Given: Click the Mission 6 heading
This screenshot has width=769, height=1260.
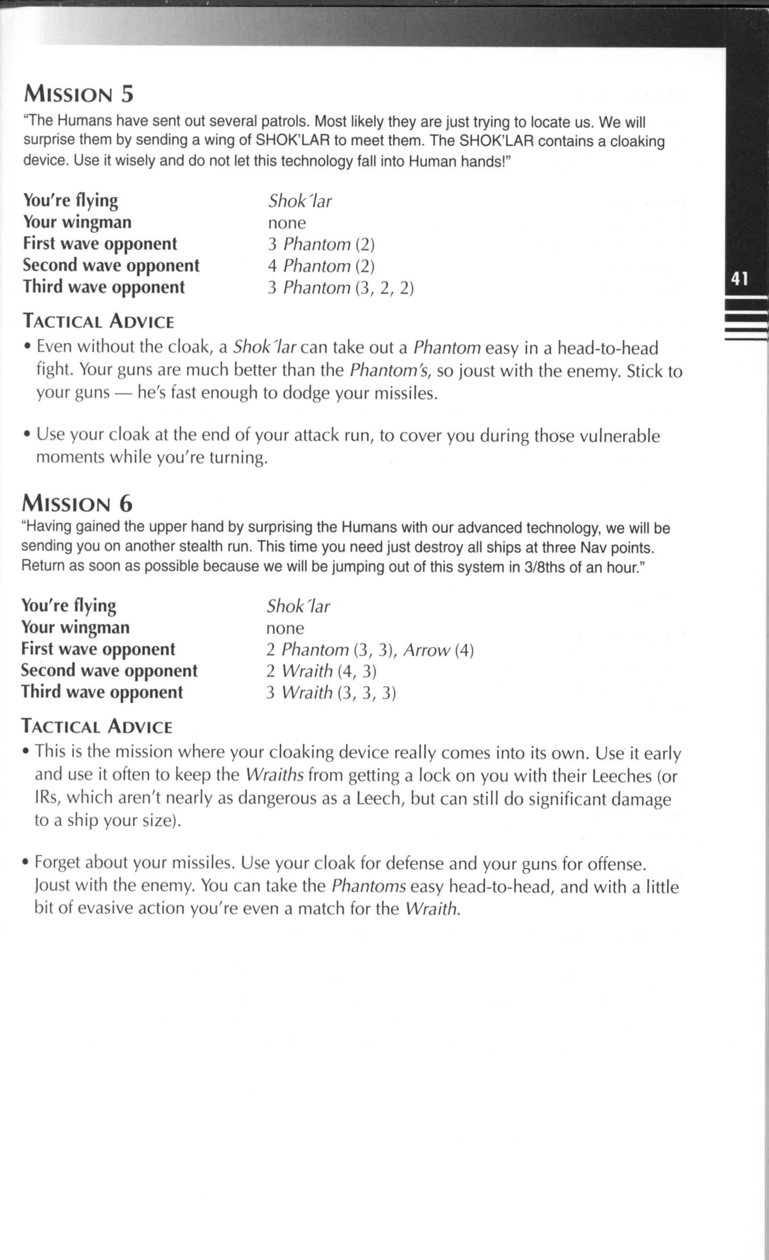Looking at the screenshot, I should click(x=77, y=504).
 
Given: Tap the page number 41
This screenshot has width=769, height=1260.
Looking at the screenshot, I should click(x=739, y=279).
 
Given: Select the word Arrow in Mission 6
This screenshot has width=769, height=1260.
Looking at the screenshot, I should click(x=426, y=650).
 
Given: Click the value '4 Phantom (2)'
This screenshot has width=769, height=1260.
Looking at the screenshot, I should click(x=321, y=266).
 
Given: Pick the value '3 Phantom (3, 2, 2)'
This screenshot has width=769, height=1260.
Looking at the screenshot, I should click(x=341, y=288).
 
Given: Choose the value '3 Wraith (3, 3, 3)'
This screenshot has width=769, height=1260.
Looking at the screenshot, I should click(x=331, y=693).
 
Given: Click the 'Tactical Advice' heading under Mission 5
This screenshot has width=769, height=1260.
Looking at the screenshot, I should click(x=99, y=322).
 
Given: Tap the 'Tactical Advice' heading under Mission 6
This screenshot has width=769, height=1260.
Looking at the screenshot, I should click(x=97, y=726).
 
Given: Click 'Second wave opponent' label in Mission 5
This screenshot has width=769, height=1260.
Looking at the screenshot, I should click(x=111, y=266).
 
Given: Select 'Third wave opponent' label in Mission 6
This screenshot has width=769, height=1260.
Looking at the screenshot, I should click(x=102, y=692).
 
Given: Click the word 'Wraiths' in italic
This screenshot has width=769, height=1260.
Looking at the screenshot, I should click(x=275, y=775).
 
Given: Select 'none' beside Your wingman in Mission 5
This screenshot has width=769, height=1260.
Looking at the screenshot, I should click(x=287, y=223).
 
